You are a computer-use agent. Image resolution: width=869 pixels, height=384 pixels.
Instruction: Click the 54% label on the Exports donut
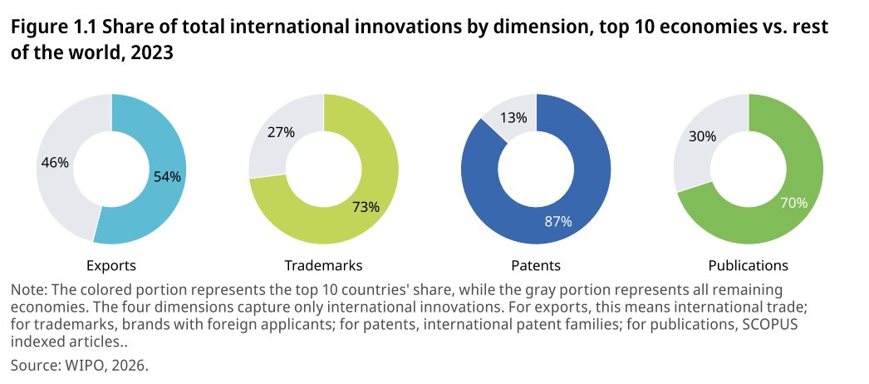coord(167,177)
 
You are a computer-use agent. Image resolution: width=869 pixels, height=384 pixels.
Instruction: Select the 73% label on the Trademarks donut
coord(366,207)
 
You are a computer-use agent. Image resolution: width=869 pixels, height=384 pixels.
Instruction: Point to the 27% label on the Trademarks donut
coord(281,133)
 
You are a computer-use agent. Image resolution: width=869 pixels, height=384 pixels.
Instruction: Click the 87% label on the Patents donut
coord(557,222)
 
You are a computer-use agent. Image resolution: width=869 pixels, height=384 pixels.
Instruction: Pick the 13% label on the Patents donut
coord(513,118)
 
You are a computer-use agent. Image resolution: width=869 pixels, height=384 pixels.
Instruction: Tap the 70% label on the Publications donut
coord(793,204)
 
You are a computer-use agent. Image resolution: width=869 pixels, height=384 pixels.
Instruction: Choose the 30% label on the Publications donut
coord(703,136)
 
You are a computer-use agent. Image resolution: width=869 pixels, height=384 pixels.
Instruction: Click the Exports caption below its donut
coord(111,266)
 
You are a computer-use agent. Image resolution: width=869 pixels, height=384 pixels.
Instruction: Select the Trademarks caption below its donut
coord(324,266)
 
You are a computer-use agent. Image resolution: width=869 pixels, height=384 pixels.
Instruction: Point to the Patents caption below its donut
coord(536,266)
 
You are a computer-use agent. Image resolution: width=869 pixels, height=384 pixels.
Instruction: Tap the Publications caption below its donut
coord(749,266)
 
